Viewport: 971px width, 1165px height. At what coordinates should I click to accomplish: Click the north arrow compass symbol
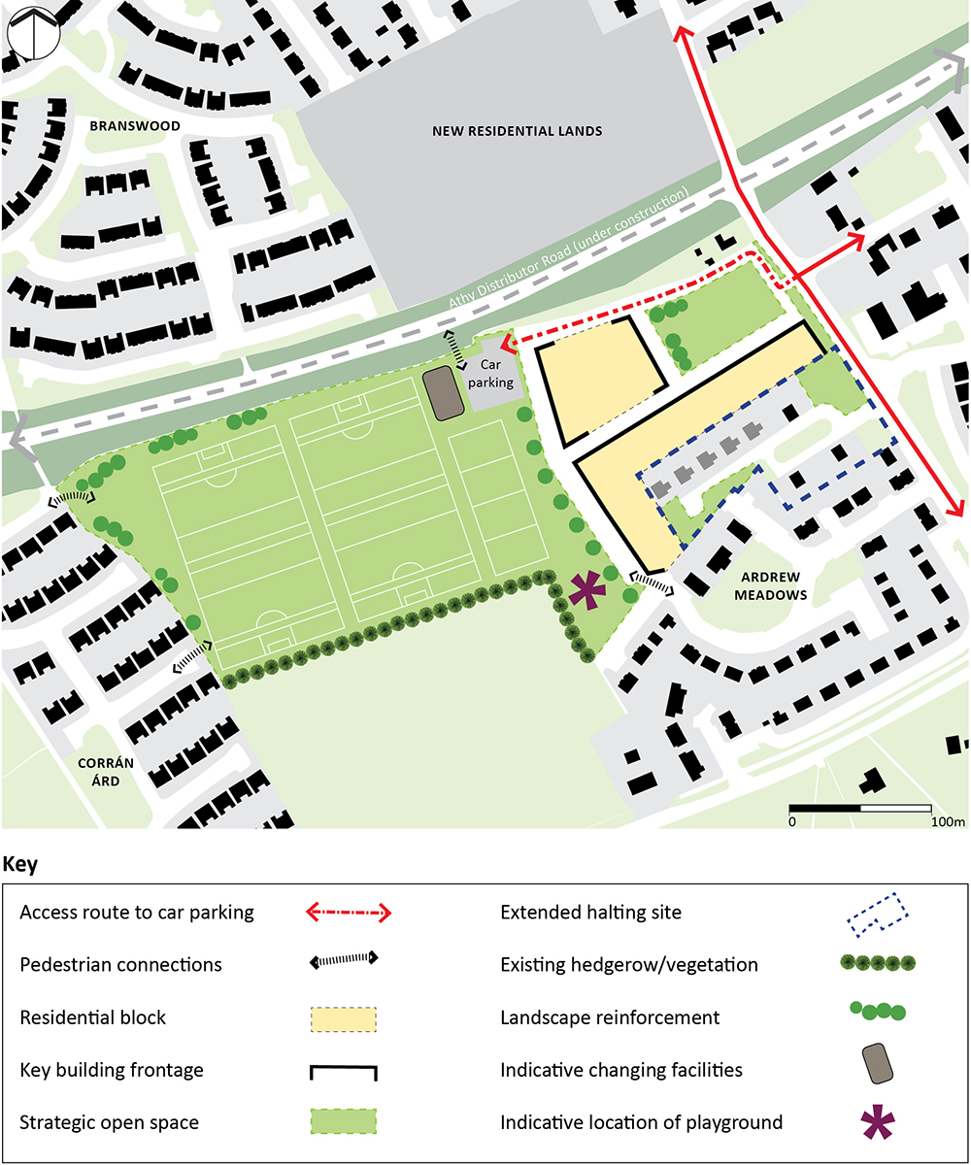click(33, 33)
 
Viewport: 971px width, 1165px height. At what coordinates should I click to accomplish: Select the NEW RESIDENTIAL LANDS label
click(517, 131)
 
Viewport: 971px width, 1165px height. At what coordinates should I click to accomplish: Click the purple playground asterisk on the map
click(586, 590)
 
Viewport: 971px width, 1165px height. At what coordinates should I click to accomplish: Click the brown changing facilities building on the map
click(445, 394)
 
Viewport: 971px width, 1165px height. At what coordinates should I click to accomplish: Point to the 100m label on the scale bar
click(946, 823)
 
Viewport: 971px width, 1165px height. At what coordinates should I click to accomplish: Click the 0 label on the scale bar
click(792, 823)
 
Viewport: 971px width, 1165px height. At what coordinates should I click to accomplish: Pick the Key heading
click(22, 863)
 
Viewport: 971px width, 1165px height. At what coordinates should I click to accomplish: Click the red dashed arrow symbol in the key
click(349, 913)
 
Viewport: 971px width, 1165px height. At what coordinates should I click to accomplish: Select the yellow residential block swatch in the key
click(343, 1018)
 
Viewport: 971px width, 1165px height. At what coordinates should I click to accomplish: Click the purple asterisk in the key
click(878, 1123)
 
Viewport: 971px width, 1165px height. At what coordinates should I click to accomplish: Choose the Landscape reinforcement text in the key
click(610, 1017)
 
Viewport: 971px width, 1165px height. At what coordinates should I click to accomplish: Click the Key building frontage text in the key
click(112, 1070)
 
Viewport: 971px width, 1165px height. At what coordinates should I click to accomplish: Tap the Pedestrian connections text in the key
click(120, 965)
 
